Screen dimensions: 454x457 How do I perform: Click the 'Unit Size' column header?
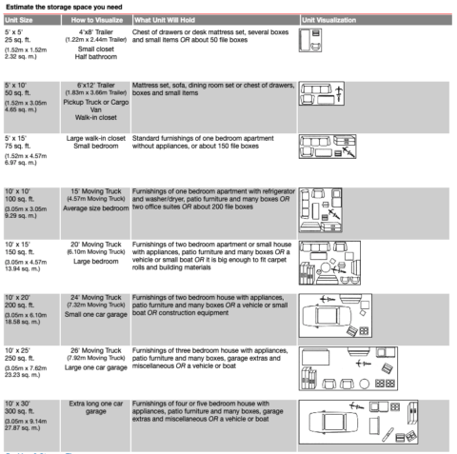pyautogui.click(x=20, y=19)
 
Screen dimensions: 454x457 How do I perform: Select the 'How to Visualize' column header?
pyautogui.click(x=91, y=19)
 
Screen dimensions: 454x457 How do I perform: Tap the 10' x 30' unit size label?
pyautogui.click(x=20, y=405)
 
